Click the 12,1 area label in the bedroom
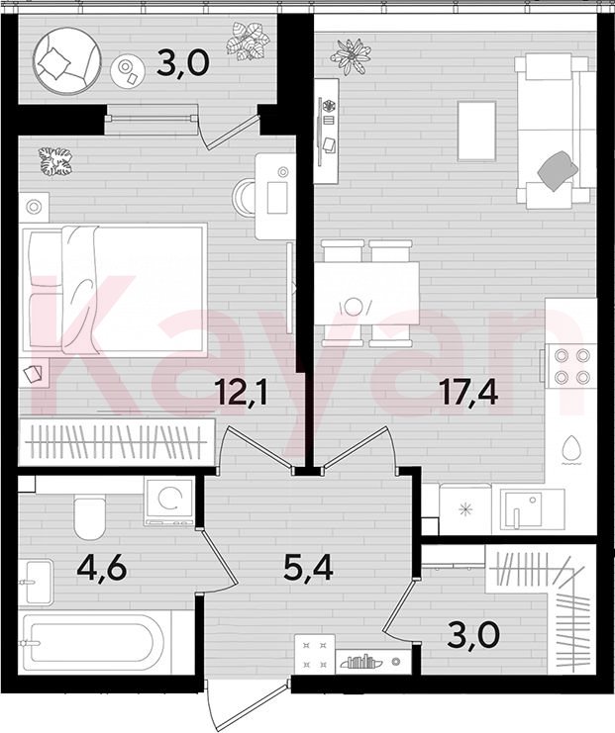pos(241,394)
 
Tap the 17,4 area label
pos(468,394)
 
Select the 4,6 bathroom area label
pos(102,569)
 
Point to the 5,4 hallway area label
pos(308,569)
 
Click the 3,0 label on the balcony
pos(182,64)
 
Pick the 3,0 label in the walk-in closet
pos(473,635)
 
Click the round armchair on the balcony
pos(66,61)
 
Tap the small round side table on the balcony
pos(126,70)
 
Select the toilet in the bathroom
pos(89,518)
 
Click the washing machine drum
pos(169,499)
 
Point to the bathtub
pos(94,643)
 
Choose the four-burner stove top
pos(571,366)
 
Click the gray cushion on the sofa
pos(558,171)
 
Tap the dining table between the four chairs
pos(366,294)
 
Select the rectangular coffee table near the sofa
pos(476,131)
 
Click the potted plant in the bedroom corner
pos(55,162)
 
